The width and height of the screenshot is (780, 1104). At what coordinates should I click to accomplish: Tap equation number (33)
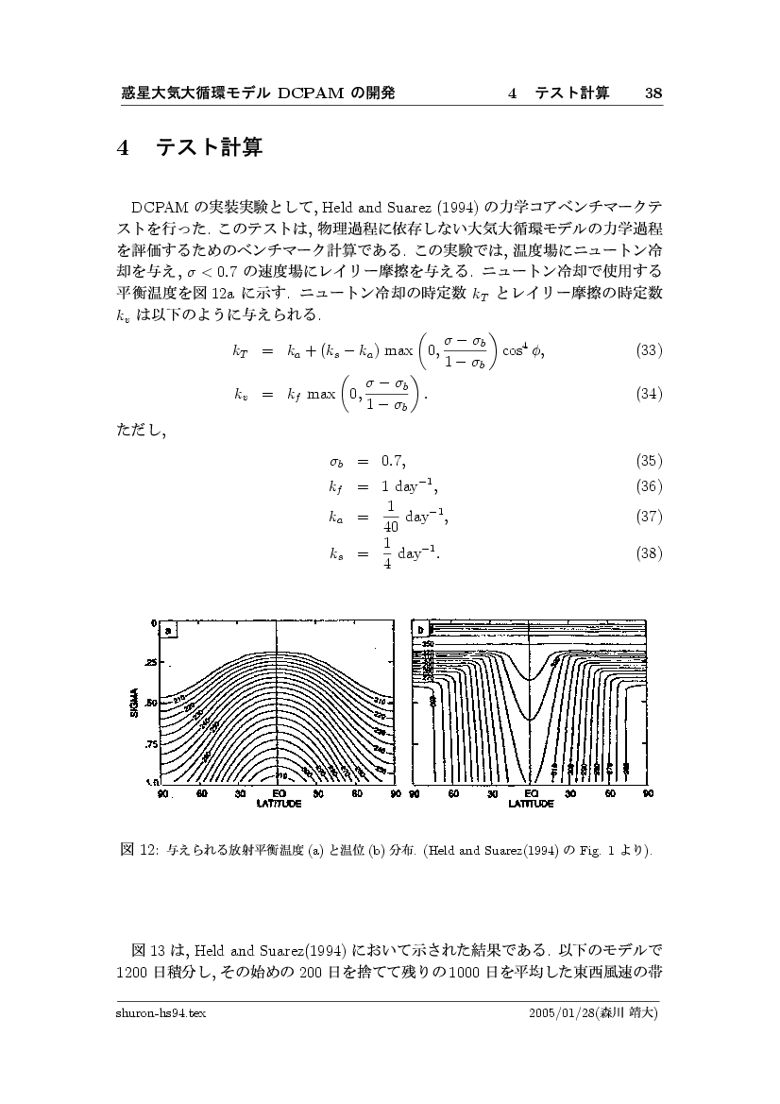point(648,350)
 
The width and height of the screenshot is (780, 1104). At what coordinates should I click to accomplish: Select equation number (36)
point(648,486)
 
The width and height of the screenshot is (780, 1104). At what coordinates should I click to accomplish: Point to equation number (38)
point(648,552)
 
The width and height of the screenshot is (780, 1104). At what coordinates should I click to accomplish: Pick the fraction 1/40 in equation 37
point(390,517)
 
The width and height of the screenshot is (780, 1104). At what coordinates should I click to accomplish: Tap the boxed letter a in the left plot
point(167,631)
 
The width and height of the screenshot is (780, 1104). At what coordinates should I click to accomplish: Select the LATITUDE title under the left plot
point(279,804)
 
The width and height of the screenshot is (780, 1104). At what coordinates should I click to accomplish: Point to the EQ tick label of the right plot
point(531,794)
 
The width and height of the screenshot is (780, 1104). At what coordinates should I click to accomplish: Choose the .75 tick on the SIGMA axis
point(151,744)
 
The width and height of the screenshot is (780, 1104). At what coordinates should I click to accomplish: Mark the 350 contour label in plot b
point(441,644)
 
